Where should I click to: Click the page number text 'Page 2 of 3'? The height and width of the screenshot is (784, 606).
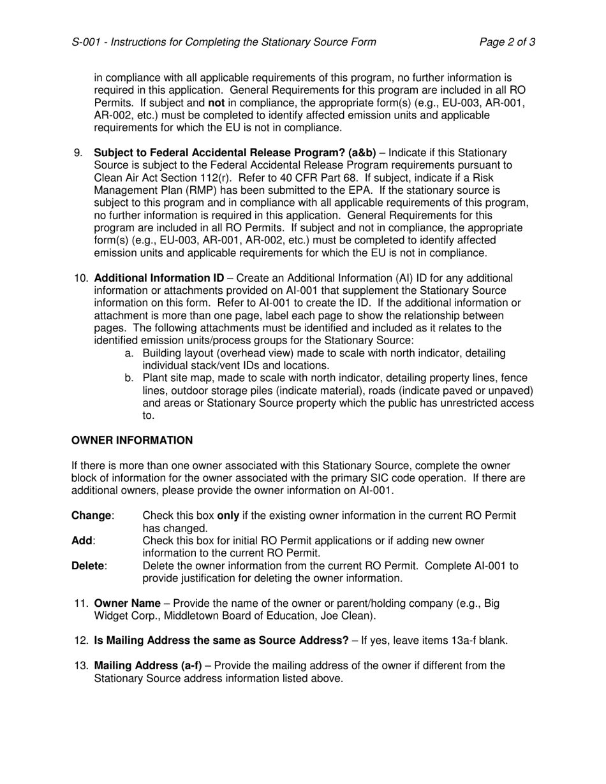click(x=507, y=42)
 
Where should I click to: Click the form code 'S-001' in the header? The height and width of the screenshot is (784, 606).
click(x=85, y=42)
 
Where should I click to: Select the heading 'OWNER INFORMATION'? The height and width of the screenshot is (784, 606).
click(x=132, y=440)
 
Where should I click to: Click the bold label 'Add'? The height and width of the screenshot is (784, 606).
click(x=82, y=541)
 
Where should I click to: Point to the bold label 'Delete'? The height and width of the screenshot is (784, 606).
click(x=89, y=566)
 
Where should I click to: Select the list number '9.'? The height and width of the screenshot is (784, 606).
click(x=78, y=153)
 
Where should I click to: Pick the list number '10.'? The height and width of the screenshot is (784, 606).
click(x=80, y=278)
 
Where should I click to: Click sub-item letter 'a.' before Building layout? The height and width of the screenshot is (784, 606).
click(x=129, y=353)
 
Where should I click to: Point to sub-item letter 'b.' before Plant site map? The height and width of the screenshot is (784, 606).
click(x=129, y=378)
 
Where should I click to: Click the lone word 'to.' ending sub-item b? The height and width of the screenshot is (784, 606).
click(x=149, y=416)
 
